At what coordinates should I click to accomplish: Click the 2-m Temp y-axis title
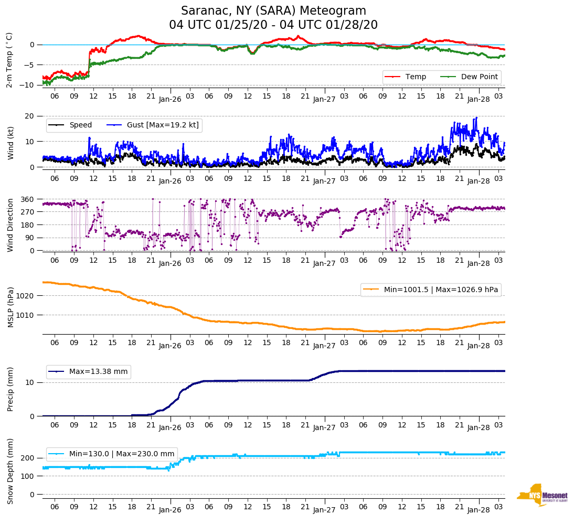(x=9, y=60)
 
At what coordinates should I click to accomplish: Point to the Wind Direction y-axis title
(x=10, y=224)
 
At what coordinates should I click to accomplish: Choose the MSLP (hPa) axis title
(x=10, y=307)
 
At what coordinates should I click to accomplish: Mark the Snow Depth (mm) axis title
(x=10, y=471)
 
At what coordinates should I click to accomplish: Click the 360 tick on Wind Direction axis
(x=27, y=199)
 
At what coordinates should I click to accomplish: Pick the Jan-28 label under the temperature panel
(x=478, y=99)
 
